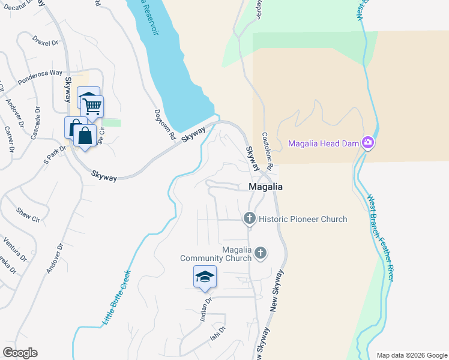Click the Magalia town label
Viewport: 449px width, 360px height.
tap(265, 187)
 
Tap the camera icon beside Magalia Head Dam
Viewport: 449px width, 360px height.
tap(367, 143)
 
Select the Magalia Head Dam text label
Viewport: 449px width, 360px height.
tap(323, 143)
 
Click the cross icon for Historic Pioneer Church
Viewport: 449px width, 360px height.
tap(249, 219)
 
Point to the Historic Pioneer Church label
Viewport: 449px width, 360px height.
tap(303, 219)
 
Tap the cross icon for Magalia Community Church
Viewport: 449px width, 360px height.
tap(260, 253)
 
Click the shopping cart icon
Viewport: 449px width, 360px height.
tap(92, 106)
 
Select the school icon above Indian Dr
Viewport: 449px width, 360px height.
tap(205, 276)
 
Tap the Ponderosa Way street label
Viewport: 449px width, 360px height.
tap(40, 77)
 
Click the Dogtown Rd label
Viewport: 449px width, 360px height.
tap(172, 122)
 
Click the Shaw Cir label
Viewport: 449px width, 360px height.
tap(27, 213)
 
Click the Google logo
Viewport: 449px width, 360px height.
tap(20, 353)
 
